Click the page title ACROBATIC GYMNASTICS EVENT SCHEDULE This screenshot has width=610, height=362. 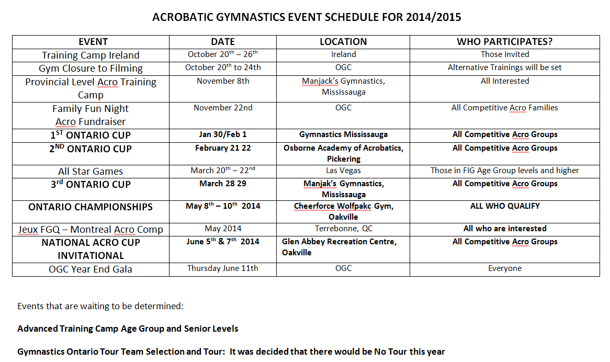pyautogui.click(x=307, y=17)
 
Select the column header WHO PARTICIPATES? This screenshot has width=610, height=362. pyautogui.click(x=504, y=42)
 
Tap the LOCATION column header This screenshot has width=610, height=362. pyautogui.click(x=343, y=42)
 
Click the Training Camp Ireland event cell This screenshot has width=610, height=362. pyautogui.click(x=91, y=55)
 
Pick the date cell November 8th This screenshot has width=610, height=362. pyautogui.click(x=223, y=81)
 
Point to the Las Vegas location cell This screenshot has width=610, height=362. pyautogui.click(x=343, y=171)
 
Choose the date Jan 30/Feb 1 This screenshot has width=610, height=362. pyautogui.click(x=223, y=134)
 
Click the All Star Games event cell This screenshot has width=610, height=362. pyautogui.click(x=91, y=171)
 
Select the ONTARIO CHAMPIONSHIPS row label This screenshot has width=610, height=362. pyautogui.click(x=91, y=207)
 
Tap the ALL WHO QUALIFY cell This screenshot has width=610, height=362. pyautogui.click(x=504, y=206)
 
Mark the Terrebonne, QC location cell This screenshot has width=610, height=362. pyautogui.click(x=343, y=229)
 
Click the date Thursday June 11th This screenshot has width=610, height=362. pyautogui.click(x=223, y=268)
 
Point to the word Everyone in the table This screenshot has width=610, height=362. pyautogui.click(x=504, y=268)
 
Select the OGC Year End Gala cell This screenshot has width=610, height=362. pyautogui.click(x=91, y=269)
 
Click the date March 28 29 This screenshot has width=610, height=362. pyautogui.click(x=223, y=184)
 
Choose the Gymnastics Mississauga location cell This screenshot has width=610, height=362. pyautogui.click(x=343, y=134)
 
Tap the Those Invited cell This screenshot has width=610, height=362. pyautogui.click(x=504, y=54)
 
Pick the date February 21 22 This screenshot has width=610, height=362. pyautogui.click(x=223, y=148)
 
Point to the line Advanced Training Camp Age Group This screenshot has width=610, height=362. pyautogui.click(x=128, y=329)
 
